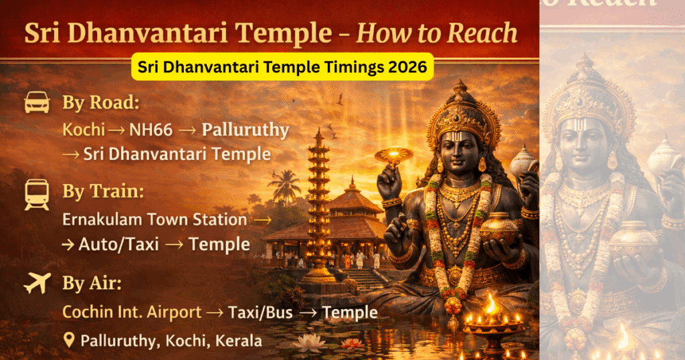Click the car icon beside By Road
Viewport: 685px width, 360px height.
37,103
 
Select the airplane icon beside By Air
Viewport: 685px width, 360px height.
37,284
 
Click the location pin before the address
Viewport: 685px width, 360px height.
69,340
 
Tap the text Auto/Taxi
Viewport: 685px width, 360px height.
119,244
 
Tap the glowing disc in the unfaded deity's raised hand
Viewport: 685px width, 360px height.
393,156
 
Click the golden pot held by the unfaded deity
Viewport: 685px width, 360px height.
498,228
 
